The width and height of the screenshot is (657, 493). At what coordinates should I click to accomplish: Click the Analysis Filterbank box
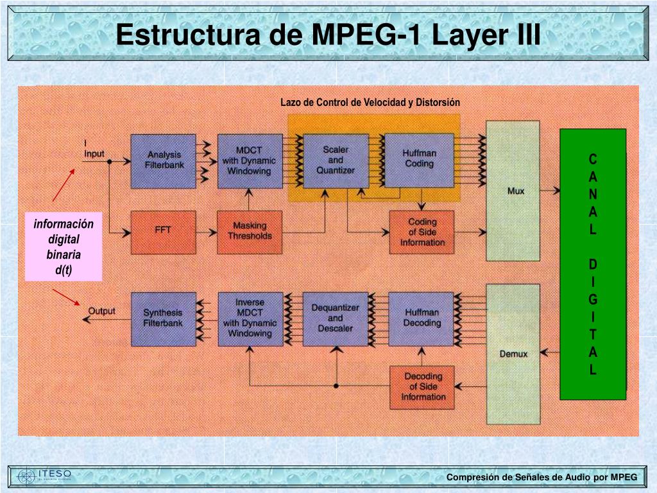[163, 160]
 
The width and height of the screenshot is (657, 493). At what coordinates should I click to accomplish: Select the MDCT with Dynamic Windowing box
[250, 160]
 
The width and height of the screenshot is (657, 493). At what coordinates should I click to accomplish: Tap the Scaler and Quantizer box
[336, 160]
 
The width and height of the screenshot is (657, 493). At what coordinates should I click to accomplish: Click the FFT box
[163, 231]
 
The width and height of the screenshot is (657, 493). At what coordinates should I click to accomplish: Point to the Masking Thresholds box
[250, 231]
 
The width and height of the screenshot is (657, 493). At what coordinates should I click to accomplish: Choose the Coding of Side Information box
[422, 232]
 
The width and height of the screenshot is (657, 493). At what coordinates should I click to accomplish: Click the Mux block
[513, 191]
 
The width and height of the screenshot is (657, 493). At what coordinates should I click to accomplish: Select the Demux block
[513, 354]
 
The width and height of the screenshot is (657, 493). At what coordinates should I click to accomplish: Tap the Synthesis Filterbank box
[163, 318]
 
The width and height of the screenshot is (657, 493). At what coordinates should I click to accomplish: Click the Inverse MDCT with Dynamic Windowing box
[250, 318]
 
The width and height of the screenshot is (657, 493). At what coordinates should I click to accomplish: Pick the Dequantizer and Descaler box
[336, 318]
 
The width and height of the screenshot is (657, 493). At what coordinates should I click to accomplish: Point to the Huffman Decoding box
[421, 318]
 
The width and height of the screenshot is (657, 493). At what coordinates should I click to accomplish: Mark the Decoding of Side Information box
[422, 387]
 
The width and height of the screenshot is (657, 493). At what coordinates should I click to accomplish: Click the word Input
[94, 154]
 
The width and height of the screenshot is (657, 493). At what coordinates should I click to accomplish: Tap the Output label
[101, 311]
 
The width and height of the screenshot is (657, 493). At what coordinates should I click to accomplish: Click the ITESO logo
[45, 476]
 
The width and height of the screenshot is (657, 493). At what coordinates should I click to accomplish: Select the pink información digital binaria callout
[64, 246]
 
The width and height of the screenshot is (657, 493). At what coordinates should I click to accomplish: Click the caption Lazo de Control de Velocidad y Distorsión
[370, 103]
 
